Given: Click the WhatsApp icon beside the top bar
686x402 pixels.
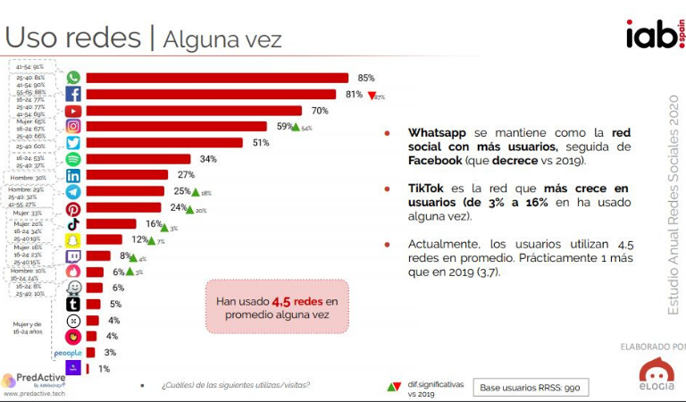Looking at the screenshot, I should (73, 78).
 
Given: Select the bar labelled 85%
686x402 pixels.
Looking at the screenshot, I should (216, 78).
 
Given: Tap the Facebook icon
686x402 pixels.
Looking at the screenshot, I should (73, 94).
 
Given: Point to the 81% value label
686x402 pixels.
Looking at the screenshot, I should (354, 94).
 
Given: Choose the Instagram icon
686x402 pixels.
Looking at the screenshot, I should (73, 126).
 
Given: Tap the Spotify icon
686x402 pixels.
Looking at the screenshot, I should (73, 159).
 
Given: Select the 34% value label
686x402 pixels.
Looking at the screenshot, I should (208, 159).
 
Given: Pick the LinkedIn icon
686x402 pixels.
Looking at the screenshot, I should (73, 175).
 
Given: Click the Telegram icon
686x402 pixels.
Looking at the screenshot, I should (73, 191).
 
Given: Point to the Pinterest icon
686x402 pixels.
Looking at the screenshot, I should (73, 208).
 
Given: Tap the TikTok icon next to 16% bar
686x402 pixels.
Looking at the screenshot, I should (73, 224).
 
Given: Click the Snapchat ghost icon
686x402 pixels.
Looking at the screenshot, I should (73, 240).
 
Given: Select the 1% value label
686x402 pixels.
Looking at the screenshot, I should (104, 368).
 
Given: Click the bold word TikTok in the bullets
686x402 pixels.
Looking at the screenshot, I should (427, 188).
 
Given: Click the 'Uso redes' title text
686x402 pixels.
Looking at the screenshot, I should (73, 38).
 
